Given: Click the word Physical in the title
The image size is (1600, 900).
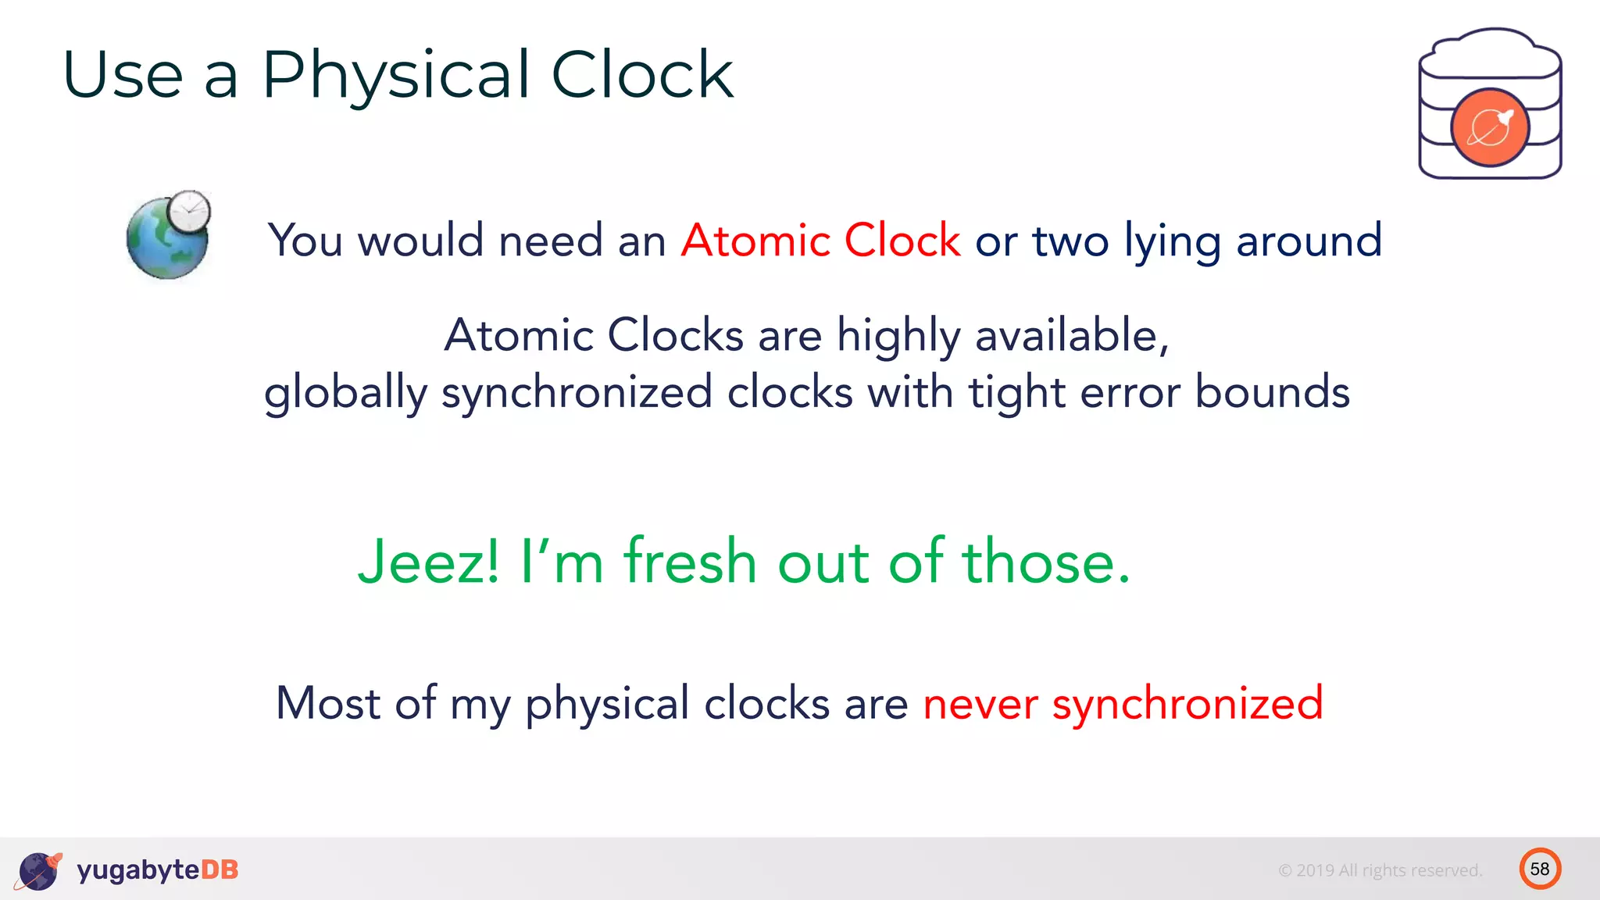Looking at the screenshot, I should point(396,76).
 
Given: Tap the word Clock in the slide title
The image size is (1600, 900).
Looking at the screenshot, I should point(642,76).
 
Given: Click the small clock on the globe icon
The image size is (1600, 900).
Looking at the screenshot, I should point(189,211).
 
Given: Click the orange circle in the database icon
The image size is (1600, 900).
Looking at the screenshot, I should point(1490,127).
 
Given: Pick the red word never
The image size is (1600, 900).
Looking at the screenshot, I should point(980,702).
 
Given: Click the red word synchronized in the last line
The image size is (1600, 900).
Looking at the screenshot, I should point(1187,702).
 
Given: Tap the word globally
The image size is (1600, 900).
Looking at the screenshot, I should point(345,392).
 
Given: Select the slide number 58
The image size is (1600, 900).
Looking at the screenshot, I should point(1540,869).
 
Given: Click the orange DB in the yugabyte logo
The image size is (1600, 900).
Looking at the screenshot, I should point(220,870).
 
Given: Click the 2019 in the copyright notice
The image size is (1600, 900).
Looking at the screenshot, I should point(1315,870).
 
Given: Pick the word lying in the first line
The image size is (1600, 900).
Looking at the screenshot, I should point(1172,241).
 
